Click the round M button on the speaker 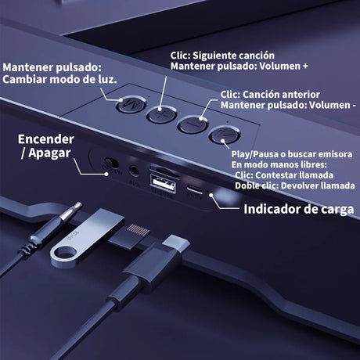point(131,105)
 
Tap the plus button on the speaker point(161,114)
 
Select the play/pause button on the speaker point(225,135)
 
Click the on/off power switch point(111,164)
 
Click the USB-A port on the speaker point(163,183)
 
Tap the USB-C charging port point(195,189)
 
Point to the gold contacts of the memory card point(138,230)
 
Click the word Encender point(46,139)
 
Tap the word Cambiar point(24,79)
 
